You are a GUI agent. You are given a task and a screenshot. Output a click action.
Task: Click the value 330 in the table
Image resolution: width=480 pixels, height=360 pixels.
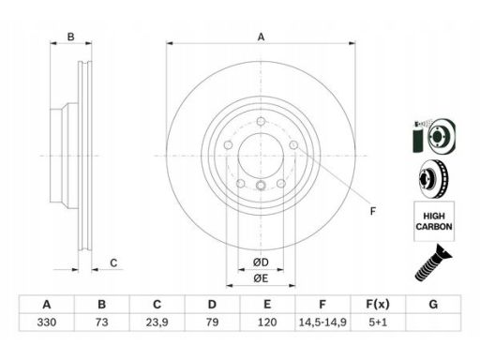point(47,322)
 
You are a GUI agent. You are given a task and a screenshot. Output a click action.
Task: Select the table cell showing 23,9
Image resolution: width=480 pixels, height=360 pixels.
point(157,322)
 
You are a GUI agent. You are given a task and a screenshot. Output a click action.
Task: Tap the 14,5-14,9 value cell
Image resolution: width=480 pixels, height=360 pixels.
point(322,322)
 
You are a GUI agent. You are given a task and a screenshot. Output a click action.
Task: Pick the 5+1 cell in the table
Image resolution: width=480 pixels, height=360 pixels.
point(378,322)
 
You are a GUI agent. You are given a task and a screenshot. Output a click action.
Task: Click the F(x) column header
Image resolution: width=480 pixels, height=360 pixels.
point(378,304)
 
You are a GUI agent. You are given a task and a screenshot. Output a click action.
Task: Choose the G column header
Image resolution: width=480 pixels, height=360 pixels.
point(433,304)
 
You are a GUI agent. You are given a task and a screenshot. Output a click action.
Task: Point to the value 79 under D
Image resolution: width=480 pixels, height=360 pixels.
point(212,322)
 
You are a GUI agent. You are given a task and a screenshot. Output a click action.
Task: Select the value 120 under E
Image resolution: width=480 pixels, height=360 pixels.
point(267,322)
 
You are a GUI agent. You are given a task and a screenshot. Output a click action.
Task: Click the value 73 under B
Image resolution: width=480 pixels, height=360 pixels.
point(102,322)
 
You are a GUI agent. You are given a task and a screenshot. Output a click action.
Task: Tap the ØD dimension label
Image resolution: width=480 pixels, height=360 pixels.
point(261,262)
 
